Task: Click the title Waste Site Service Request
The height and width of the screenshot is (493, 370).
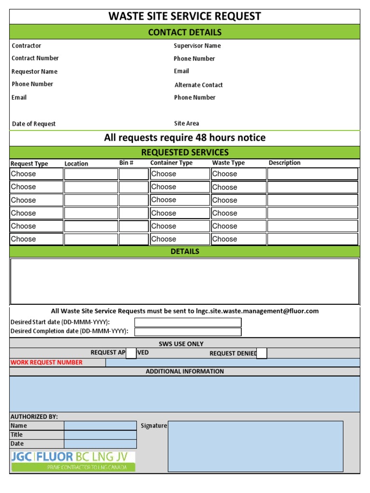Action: point(185,16)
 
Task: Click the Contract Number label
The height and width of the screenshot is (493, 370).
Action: point(35,58)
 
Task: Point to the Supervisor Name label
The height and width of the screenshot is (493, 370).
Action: point(197,46)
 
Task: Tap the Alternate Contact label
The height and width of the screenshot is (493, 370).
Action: point(198,85)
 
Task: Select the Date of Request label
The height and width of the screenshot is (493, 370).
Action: point(34,124)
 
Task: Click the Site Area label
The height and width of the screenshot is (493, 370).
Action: point(186,124)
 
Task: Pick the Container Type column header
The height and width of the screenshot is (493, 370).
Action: point(171,163)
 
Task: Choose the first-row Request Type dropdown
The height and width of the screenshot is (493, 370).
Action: point(37,174)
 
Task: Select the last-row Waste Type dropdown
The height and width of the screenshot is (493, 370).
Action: point(238,239)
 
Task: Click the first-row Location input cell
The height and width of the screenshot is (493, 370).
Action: point(91,174)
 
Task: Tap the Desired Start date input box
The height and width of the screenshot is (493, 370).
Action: point(187,322)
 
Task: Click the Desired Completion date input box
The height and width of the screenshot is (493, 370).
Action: point(187,332)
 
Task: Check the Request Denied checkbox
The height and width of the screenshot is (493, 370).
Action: point(262,353)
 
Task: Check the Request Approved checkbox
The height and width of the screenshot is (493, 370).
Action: point(131,353)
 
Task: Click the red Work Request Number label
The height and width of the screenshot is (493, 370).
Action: point(46,363)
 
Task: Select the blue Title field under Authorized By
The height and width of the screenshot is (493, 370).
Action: point(100,435)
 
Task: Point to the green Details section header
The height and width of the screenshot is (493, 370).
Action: point(185,251)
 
